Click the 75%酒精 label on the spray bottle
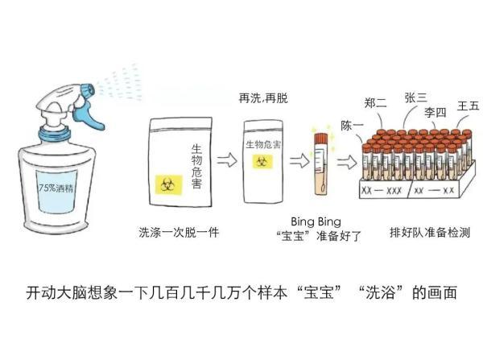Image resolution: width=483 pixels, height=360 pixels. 56,187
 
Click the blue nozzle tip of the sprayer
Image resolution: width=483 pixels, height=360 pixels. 87,90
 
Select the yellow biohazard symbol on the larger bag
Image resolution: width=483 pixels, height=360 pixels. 168,185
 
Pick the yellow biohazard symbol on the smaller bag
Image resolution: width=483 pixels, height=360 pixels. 262,161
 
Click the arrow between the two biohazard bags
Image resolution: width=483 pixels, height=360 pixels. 227,160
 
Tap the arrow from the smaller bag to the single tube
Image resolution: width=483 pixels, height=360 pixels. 299,160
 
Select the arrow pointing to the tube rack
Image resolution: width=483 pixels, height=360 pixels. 347,162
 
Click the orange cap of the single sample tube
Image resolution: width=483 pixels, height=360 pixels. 321,139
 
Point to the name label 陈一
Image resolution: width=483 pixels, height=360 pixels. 352,126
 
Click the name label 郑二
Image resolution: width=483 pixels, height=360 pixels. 375,102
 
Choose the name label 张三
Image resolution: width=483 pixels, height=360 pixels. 416,97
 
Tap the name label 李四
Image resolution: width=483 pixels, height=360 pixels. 435,112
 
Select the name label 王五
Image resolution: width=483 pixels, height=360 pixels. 468,106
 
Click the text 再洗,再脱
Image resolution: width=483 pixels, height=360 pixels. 263,98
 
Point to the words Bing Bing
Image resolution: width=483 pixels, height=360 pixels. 316,221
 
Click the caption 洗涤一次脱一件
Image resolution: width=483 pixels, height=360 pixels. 179,232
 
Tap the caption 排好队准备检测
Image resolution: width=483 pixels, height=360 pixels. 430,232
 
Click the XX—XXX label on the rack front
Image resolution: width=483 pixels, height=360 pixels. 382,191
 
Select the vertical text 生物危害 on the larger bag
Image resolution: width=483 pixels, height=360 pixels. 196,166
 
